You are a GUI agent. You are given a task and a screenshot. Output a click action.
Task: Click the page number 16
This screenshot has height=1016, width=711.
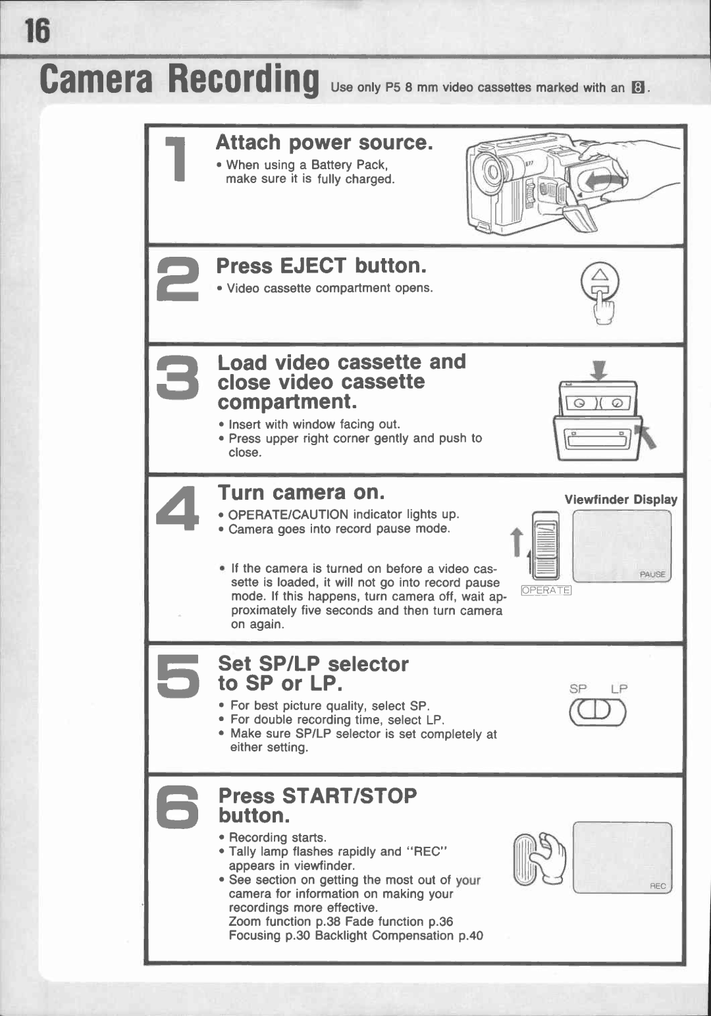tap(37, 31)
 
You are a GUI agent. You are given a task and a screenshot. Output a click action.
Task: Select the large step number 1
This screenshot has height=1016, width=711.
tap(176, 159)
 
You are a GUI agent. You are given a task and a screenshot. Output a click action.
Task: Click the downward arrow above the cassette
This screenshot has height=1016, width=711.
tap(599, 370)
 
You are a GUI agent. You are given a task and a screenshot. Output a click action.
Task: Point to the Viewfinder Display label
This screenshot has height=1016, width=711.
tap(620, 500)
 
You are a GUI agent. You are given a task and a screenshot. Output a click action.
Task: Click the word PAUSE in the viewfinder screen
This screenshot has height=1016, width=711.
tap(652, 574)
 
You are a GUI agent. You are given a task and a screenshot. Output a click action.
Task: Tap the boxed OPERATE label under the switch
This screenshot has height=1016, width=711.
tap(546, 591)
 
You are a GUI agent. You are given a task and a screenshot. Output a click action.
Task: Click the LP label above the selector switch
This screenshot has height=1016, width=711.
tap(619, 689)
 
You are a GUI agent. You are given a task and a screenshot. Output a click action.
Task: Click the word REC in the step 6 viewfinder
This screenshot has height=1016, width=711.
tap(658, 886)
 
